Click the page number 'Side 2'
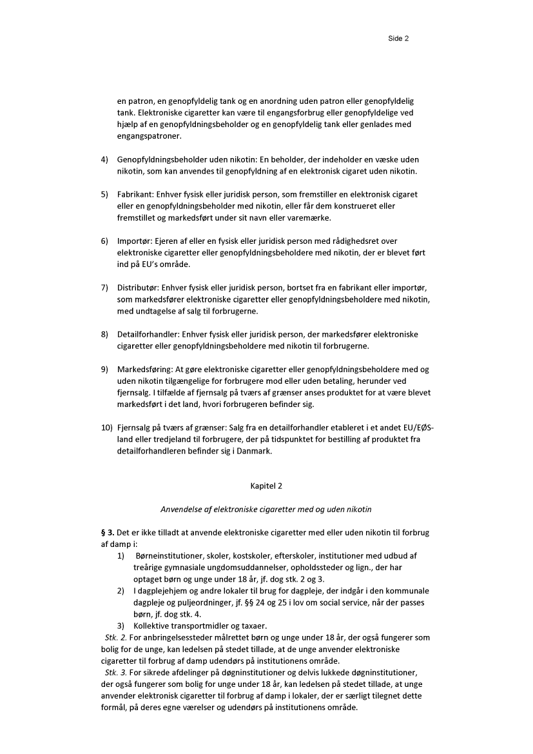tap(398, 39)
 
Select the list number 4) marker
tap(104, 159)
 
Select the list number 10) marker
tap(106, 428)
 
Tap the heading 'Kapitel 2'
tap(266, 486)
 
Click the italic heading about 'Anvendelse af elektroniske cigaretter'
tap(266, 510)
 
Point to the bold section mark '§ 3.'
tap(108, 533)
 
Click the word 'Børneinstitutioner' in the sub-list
tap(169, 556)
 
